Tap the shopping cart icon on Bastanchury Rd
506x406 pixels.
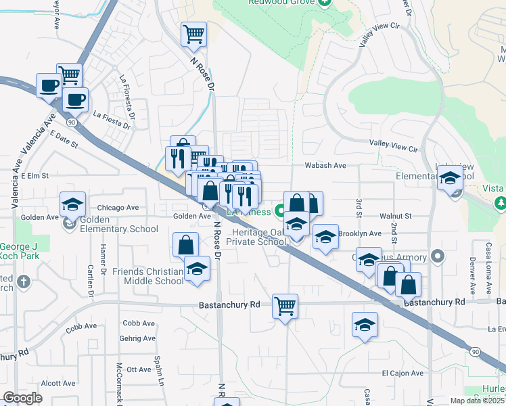click(x=285, y=307)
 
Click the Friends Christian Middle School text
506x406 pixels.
click(x=148, y=276)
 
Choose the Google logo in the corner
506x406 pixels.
click(x=22, y=398)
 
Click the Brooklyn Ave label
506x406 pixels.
click(x=363, y=233)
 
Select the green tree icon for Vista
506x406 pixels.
click(x=501, y=202)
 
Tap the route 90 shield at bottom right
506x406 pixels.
click(x=475, y=352)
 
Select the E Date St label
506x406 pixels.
click(x=64, y=139)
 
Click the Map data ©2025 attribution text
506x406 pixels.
click(x=477, y=401)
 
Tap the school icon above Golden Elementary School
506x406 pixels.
click(x=72, y=204)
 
